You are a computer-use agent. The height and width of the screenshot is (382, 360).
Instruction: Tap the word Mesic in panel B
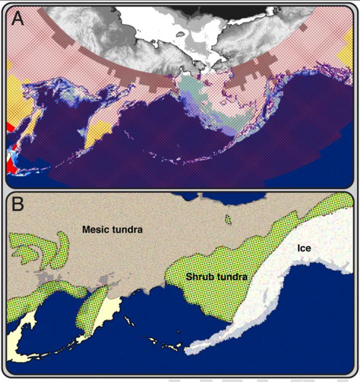pos(95,230)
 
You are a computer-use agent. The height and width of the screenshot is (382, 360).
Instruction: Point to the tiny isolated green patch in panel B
pos(228,220)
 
